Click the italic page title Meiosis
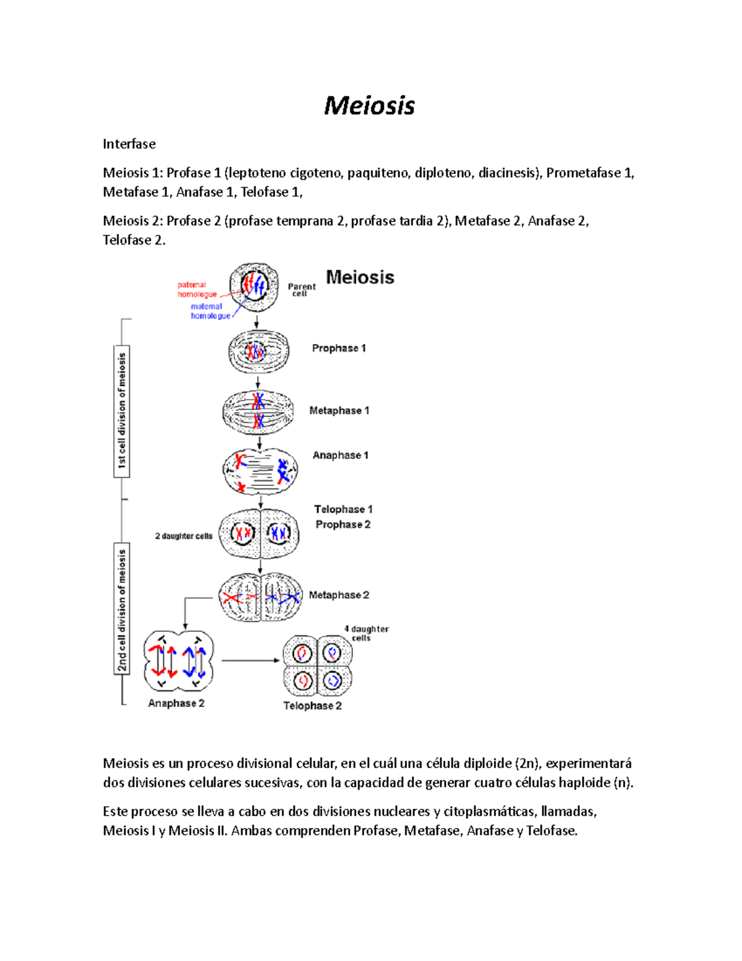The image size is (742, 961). tap(369, 106)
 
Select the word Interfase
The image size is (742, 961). tap(129, 144)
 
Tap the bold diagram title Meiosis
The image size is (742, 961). tap(360, 277)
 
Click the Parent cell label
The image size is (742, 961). tap(301, 290)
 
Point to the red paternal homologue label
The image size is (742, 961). tap(197, 290)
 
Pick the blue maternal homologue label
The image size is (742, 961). tap(210, 311)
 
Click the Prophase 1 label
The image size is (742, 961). tap(339, 348)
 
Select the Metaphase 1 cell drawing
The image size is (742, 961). tap(259, 412)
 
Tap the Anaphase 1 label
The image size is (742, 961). tap(340, 455)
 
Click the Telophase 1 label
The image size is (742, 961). tap(343, 509)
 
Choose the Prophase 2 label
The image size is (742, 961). tap(343, 525)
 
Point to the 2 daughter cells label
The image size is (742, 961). tap(184, 536)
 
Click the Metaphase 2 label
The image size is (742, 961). tap(339, 595)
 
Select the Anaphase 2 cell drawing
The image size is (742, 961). tap(178, 661)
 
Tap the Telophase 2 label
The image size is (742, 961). tap(312, 706)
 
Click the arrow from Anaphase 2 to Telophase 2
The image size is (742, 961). tap(250, 661)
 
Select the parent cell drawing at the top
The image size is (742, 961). tap(254, 287)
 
